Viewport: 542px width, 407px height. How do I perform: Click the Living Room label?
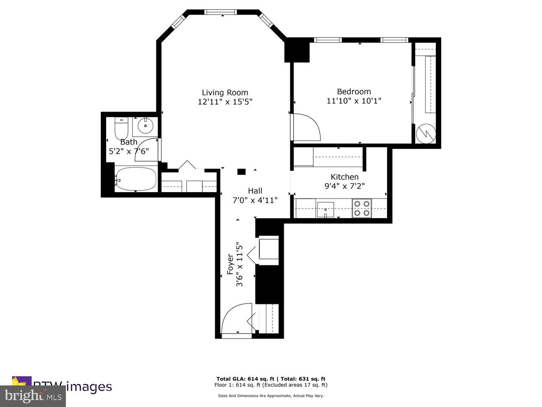click(x=225, y=92)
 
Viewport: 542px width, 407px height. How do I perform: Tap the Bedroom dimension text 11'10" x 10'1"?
click(x=354, y=101)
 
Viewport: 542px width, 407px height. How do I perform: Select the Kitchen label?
click(x=344, y=177)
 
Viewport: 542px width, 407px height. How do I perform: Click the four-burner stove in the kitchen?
click(x=361, y=208)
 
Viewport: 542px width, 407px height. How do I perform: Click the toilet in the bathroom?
click(x=121, y=128)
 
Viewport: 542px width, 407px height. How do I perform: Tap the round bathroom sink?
click(x=145, y=126)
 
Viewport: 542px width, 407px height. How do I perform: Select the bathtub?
click(x=136, y=179)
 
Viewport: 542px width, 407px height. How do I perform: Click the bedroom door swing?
click(x=307, y=127)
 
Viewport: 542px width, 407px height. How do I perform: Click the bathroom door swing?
click(x=147, y=150)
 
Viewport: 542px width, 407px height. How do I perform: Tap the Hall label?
click(x=255, y=190)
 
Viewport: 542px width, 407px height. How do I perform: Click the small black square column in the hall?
click(x=242, y=172)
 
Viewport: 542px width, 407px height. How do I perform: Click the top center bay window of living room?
click(x=220, y=12)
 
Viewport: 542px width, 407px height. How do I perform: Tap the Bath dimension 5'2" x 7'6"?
click(x=128, y=151)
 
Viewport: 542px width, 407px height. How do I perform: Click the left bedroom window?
click(x=327, y=40)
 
